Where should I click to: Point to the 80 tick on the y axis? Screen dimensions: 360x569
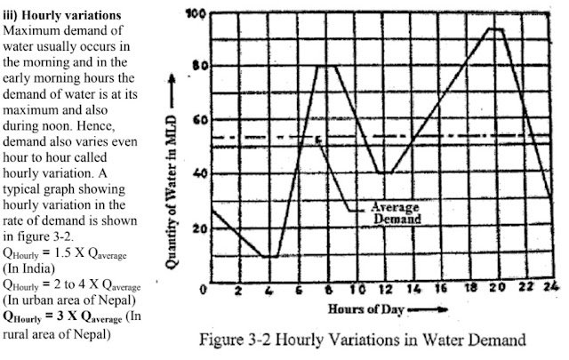(195, 66)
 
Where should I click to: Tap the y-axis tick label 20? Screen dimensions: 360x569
(195, 228)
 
